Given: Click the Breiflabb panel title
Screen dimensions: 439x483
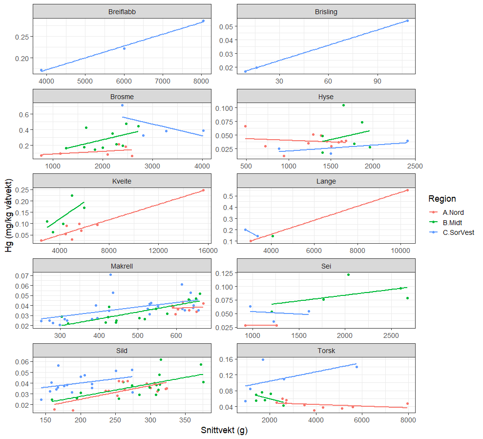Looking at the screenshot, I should click(x=122, y=11).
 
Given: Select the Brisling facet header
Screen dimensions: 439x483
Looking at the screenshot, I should click(x=326, y=11).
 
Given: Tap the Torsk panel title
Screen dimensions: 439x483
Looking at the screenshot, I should click(x=326, y=350).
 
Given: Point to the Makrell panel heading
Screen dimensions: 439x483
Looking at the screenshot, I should click(x=122, y=266).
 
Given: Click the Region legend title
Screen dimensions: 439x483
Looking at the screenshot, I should click(x=442, y=199).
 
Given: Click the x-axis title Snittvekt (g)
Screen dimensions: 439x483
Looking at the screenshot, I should click(x=224, y=430).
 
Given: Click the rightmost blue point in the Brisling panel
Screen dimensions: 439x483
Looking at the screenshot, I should click(x=407, y=21).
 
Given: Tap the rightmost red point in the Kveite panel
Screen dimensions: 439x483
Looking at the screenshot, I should click(x=203, y=190).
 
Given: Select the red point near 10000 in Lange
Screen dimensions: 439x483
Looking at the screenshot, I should click(x=407, y=190).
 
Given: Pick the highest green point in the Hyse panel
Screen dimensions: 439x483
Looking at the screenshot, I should click(x=343, y=105).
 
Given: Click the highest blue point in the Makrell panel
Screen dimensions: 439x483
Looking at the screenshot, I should click(x=110, y=274).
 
